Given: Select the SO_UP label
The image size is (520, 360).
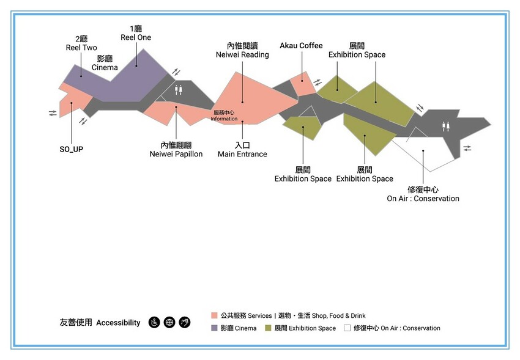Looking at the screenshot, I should [71, 149].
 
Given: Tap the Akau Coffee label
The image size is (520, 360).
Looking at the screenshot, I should [301, 46].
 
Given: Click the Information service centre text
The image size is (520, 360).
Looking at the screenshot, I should [224, 116].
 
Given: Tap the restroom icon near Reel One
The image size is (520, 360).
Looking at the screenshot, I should [178, 89].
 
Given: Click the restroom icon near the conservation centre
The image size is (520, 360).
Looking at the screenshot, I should [446, 127].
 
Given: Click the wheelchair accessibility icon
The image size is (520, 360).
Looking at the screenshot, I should [154, 322].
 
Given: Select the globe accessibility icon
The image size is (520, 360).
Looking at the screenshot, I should [169, 322].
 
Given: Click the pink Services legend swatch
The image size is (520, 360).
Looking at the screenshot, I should [214, 315].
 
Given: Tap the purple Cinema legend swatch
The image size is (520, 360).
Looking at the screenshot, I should [214, 328].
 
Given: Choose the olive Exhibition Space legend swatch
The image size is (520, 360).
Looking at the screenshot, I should [269, 328].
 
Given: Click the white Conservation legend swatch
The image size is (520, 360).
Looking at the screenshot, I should [347, 328].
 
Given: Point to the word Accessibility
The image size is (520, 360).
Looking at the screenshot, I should [118, 323].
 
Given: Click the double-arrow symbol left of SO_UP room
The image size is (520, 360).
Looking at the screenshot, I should [53, 113].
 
